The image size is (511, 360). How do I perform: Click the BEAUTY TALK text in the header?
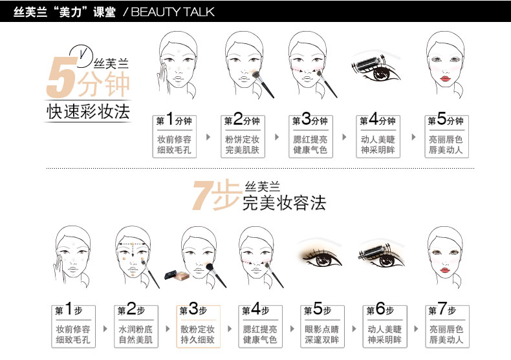point(173,12)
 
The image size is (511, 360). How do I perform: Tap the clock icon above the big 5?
point(81,53)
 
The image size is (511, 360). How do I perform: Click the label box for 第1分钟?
point(175,136)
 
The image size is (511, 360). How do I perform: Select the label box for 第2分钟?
point(243,136)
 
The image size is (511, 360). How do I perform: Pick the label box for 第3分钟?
point(310,136)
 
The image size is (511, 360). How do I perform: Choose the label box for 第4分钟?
point(378,136)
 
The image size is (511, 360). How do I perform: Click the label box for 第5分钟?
point(446,136)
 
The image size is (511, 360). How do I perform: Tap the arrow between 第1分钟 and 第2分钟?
point(208,137)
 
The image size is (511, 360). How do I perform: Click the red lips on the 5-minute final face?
point(445,78)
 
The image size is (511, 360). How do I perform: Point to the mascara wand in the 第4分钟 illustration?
point(366,63)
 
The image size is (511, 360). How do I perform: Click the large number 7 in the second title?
point(202,195)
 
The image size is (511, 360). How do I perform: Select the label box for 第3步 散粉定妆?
point(198,326)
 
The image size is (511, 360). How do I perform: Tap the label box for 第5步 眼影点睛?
point(322,326)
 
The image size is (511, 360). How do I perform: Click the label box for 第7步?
point(447,326)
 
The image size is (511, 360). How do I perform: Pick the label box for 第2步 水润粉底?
point(136,326)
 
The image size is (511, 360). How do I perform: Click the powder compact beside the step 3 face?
point(177,275)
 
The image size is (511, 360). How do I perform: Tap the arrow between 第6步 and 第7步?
point(416,329)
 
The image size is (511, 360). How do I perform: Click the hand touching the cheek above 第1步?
point(58,269)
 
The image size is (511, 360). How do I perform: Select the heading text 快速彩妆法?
point(89,112)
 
